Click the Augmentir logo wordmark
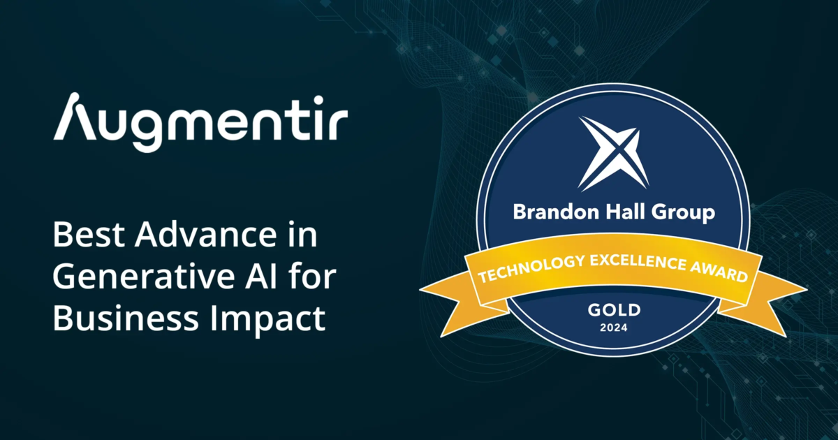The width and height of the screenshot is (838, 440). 200,122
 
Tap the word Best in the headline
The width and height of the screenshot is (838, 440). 88,235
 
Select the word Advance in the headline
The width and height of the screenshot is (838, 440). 206,235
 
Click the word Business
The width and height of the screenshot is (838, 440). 126,318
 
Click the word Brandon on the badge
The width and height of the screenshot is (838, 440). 556,212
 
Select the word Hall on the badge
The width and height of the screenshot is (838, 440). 626,212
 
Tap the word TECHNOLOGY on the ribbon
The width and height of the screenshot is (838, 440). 531,269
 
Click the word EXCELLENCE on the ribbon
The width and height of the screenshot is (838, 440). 638,262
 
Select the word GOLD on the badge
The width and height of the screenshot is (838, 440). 614,310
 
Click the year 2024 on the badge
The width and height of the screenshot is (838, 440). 614,328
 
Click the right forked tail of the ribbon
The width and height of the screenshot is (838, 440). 767,301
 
